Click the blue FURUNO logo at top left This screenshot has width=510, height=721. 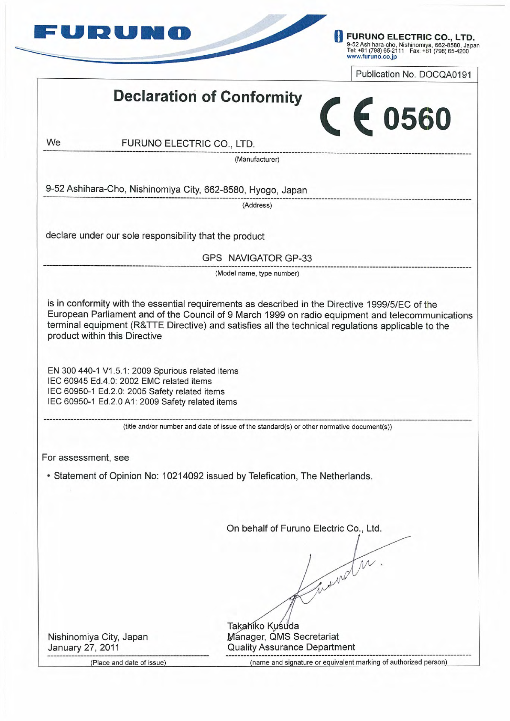112,33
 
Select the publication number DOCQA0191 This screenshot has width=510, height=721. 445,74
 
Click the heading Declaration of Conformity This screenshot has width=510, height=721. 208,97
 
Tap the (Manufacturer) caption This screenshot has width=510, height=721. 257,160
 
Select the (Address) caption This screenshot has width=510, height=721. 257,205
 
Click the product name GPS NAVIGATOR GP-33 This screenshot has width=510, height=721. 257,258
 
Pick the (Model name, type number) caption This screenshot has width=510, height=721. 257,273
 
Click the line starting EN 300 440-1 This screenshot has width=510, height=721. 143,371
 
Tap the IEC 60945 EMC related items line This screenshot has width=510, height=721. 130,381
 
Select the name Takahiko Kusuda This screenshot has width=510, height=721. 263,626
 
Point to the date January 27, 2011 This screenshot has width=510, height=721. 84,647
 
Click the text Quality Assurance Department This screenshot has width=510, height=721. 291,647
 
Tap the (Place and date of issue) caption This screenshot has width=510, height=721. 128,663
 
